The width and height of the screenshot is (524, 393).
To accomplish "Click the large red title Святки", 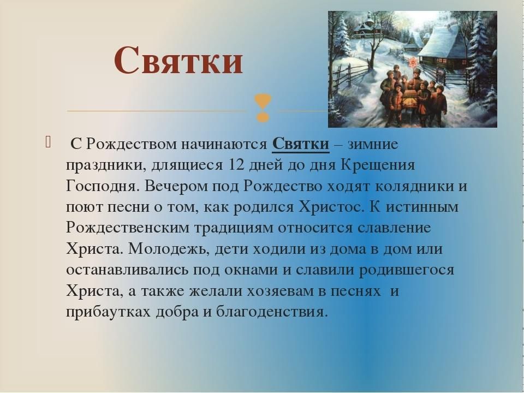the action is coord(178,61).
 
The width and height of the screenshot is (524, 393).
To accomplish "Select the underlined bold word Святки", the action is coord(301,144).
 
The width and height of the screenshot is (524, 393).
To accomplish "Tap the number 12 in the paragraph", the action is coord(236,165).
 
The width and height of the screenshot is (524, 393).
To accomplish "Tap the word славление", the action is coord(394,228).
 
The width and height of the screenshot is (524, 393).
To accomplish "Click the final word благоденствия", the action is coord(270,312).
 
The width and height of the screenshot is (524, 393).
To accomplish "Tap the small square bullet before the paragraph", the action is coord(48,142).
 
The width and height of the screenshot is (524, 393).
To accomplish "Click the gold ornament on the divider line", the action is coord(263,108).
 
